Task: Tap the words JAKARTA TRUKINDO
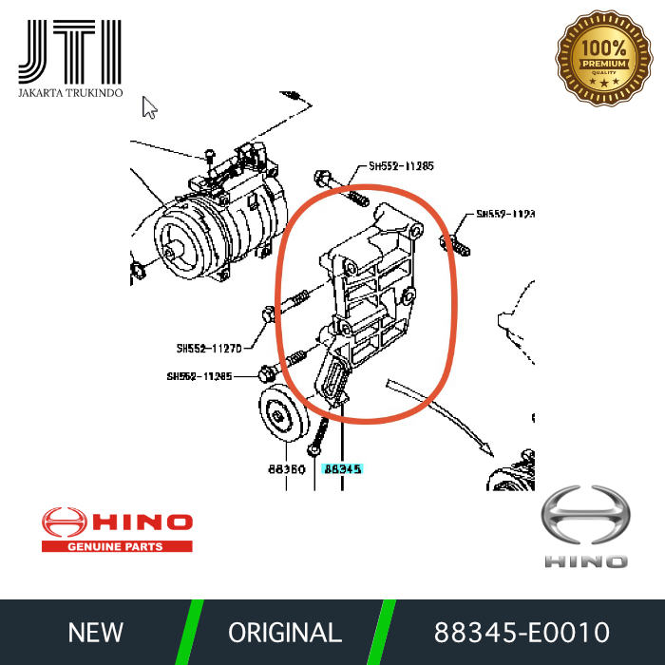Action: [x=70, y=95]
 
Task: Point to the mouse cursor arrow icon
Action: [x=149, y=106]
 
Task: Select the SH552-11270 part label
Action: [x=210, y=347]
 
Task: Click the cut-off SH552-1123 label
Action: [x=505, y=214]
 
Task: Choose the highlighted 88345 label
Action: [x=342, y=468]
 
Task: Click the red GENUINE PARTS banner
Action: [x=115, y=546]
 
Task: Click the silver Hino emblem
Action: [x=585, y=517]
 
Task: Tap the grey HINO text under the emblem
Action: [x=585, y=561]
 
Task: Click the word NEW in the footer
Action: [x=95, y=632]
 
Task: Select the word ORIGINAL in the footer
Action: [x=285, y=632]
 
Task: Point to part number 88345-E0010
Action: [x=522, y=632]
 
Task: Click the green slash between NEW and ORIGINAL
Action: [x=190, y=632]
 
